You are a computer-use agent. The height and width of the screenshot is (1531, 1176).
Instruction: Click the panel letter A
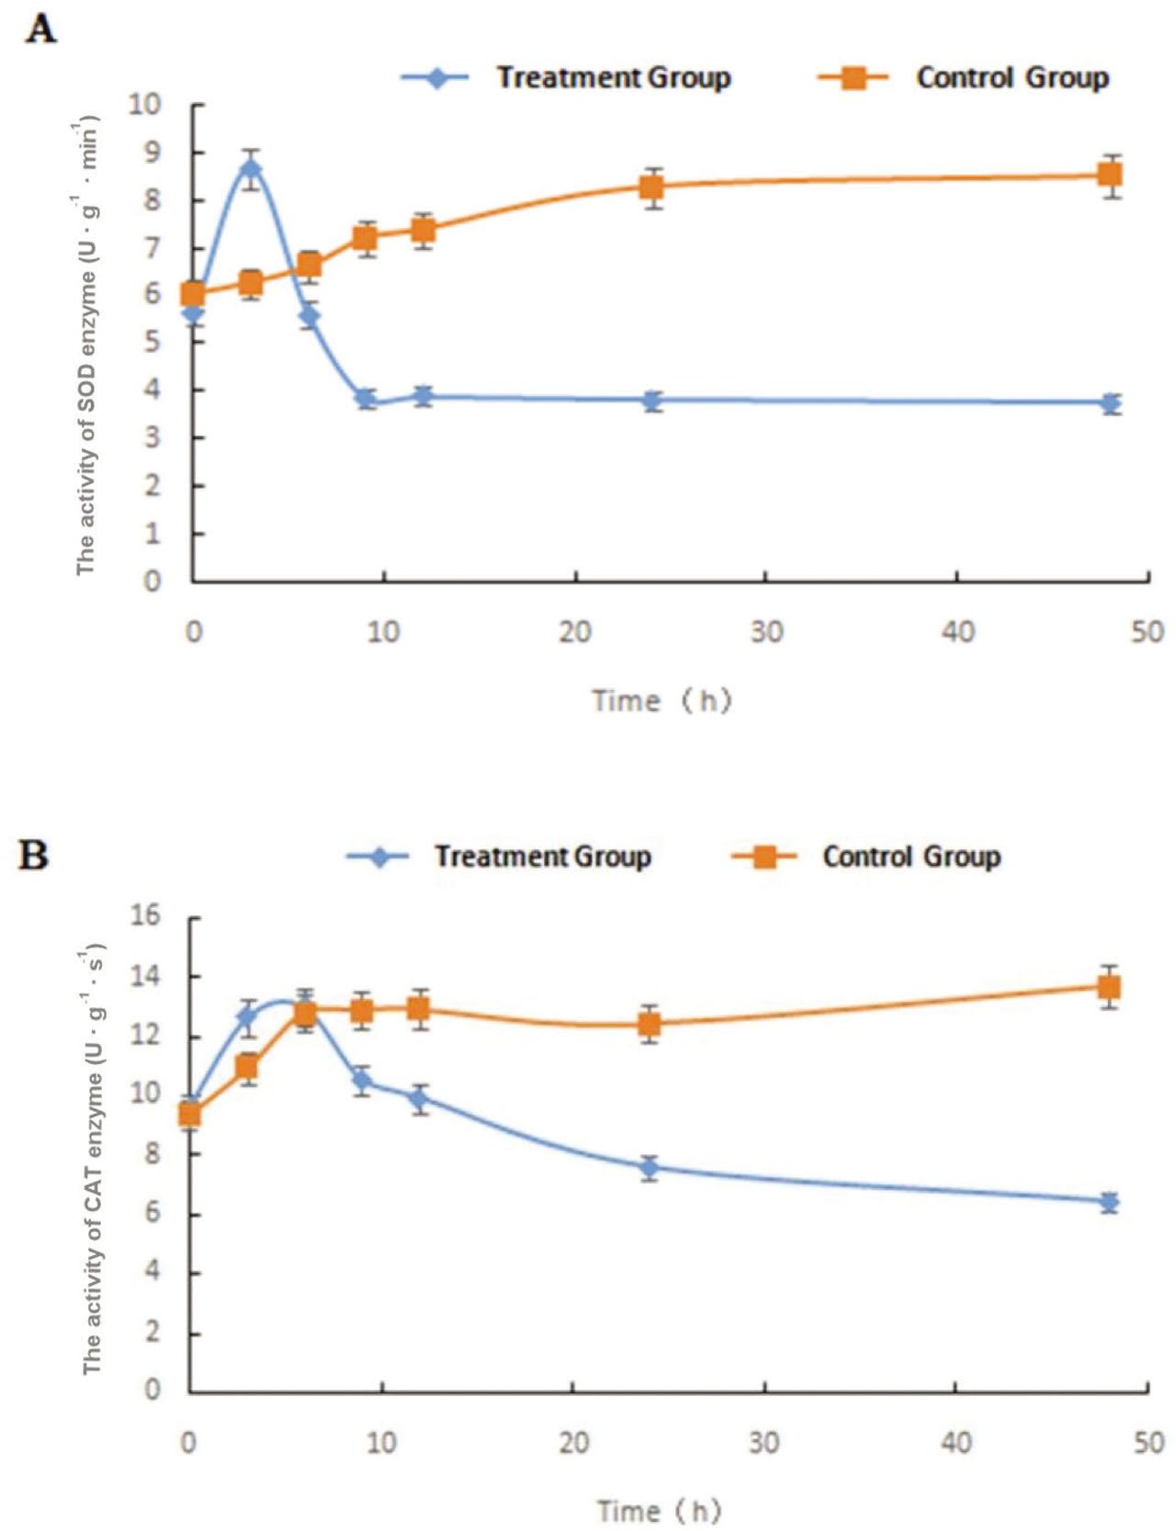40,30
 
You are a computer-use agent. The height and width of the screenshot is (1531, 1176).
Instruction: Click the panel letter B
34,856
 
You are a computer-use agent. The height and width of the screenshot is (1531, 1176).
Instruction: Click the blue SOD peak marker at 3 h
251,168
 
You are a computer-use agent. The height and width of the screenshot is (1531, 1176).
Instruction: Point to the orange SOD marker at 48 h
1111,176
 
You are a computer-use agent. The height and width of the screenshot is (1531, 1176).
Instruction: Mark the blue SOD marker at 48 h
1111,403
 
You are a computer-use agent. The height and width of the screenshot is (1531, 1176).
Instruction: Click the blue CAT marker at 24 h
650,1168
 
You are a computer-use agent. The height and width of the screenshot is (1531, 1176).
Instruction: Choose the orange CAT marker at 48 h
1110,988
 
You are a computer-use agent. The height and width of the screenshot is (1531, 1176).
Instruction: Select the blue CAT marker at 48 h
1110,1202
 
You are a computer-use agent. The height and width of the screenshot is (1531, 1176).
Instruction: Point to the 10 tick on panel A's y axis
144,105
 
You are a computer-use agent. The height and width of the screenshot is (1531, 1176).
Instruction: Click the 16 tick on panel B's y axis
145,915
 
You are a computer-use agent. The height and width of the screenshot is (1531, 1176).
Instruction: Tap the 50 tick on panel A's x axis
1148,632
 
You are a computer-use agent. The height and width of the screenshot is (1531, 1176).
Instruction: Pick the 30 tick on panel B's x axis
764,1443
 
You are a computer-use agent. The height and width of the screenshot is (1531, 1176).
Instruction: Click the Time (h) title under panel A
661,701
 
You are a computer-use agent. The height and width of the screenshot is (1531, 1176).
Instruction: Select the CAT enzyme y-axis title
92,1159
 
